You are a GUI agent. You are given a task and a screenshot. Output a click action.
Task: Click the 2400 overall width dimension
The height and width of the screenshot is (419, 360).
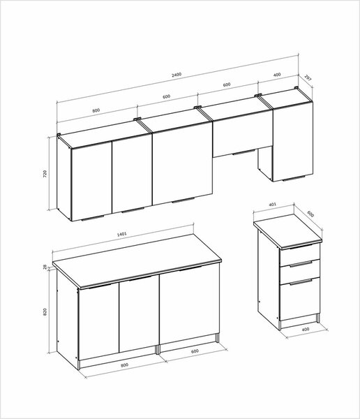point(177,74)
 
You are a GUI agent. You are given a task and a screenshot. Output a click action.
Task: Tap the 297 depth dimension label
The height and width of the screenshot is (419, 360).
point(308,78)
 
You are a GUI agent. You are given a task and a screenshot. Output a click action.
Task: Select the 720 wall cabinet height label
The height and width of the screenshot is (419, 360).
point(45,174)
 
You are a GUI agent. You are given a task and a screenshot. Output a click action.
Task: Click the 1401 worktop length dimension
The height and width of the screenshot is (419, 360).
point(122,235)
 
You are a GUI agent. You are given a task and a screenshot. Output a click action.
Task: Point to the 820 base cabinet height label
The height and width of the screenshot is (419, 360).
point(45,312)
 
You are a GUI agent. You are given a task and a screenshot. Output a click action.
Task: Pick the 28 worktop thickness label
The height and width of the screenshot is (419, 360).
point(45,267)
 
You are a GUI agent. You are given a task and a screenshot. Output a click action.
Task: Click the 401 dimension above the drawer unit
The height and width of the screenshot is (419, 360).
point(273,205)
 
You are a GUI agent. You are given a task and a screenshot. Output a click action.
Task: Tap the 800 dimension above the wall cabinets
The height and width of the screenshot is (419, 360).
point(96,110)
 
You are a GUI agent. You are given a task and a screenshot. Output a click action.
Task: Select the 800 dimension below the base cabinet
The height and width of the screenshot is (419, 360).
point(124,365)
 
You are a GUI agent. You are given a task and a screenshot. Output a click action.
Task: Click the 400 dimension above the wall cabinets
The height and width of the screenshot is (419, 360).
point(277,75)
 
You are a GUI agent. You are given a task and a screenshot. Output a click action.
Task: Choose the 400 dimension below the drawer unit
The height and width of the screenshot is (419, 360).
point(306,329)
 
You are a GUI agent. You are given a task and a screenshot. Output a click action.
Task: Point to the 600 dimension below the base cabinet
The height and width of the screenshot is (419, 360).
point(195,351)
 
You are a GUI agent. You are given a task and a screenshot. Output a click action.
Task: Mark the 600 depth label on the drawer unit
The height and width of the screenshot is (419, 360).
point(310,214)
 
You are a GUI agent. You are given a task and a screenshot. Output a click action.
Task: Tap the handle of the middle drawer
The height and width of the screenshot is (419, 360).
point(301,264)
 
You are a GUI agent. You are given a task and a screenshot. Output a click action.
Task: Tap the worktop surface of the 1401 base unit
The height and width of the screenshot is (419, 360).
point(137,260)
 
